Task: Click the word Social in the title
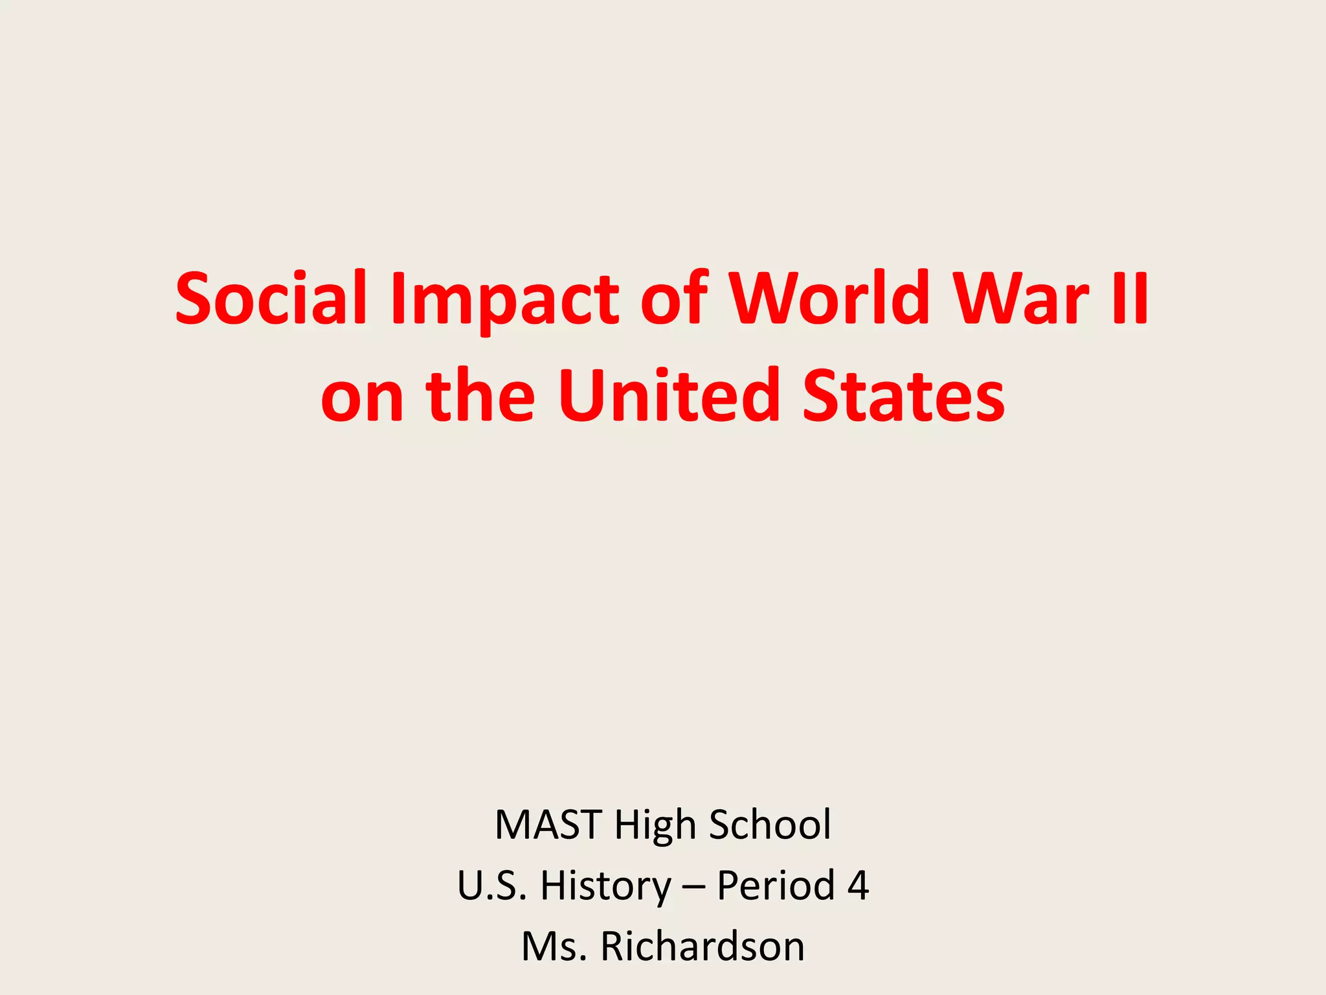click(271, 299)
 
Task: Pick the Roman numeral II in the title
click(1129, 299)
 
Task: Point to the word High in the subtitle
click(655, 825)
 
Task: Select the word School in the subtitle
click(770, 825)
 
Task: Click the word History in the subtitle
click(606, 886)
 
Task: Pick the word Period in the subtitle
click(776, 886)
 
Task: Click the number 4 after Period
click(857, 886)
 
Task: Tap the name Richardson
click(702, 946)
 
